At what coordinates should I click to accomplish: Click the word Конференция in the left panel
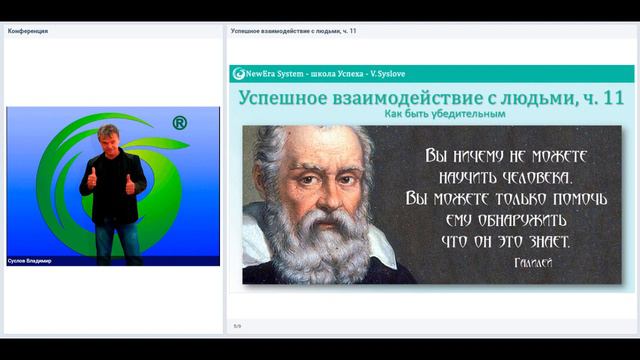pyautogui.click(x=28, y=31)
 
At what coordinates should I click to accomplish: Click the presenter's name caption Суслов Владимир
pyautogui.click(x=29, y=261)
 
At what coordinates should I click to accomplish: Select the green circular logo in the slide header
pyautogui.click(x=239, y=74)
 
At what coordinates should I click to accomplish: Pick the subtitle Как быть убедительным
pyautogui.click(x=433, y=113)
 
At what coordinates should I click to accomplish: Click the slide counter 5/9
pyautogui.click(x=237, y=326)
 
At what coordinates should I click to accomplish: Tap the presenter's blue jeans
pyautogui.click(x=118, y=240)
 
